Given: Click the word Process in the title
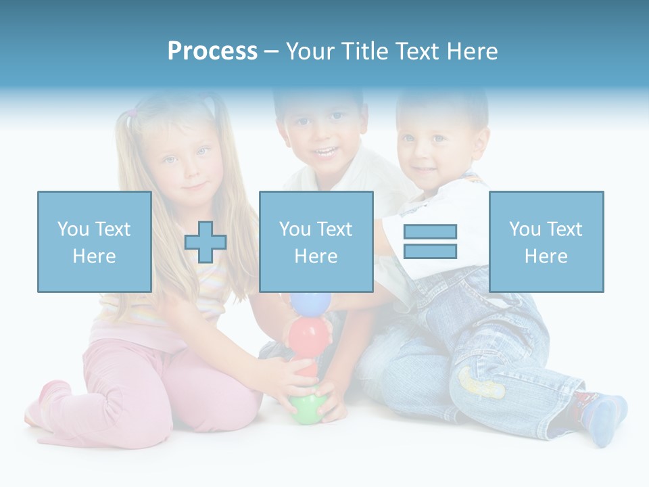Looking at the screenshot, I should tap(212, 51).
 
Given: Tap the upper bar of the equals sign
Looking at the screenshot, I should tap(430, 231).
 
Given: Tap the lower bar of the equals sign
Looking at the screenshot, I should tap(430, 252).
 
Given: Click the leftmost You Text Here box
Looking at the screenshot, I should tap(95, 241).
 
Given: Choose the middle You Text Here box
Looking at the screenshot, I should tap(316, 241).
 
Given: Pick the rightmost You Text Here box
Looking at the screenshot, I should tap(546, 241).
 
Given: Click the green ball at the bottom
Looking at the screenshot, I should tap(306, 409).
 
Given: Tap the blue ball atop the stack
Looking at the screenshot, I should tap(307, 302).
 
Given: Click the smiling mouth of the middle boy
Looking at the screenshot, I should tap(327, 152).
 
